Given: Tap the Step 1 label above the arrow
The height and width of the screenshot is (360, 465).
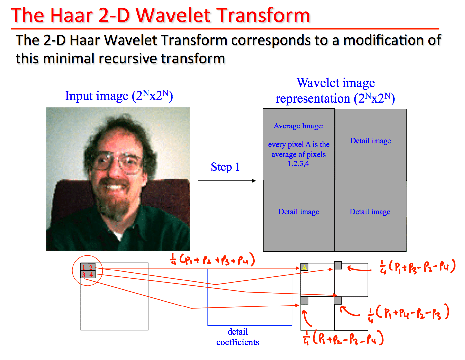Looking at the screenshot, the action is tap(225, 167).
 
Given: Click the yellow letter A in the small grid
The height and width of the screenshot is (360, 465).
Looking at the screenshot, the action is tap(304, 267).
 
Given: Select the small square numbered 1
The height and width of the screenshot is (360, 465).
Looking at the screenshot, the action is tap(84, 267).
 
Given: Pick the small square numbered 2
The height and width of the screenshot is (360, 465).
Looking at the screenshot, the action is tap(91, 267).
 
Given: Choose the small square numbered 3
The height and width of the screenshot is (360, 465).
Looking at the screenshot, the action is tap(84, 274).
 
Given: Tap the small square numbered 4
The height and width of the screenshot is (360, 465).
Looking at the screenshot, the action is tap(91, 274).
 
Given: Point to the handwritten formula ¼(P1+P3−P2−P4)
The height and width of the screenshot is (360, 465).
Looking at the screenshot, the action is tap(418, 267).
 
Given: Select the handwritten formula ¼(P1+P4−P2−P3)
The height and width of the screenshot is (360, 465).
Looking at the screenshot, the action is tap(408, 313).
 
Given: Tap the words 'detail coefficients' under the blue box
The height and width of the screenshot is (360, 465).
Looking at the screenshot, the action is tap(237, 337).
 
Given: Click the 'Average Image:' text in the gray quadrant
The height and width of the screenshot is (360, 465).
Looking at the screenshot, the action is tap(299, 126).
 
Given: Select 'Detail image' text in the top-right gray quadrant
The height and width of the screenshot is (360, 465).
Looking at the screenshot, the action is tap(371, 141).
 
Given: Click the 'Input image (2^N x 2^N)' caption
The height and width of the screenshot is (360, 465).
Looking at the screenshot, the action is tap(119, 96).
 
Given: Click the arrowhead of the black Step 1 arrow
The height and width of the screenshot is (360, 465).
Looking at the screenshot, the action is tap(254, 181).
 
